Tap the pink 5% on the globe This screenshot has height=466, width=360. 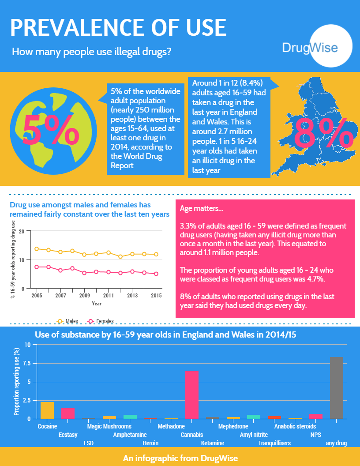pos(51,130)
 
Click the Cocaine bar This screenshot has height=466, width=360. pos(47,410)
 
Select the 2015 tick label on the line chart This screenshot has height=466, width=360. pos(156,295)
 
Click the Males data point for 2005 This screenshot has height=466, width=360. pos(37,249)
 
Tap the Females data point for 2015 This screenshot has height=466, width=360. pos(156,274)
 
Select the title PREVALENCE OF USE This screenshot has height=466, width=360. pos(118,28)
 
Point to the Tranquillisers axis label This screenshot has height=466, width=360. pos(274,443)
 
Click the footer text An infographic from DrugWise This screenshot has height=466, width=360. pos(180,458)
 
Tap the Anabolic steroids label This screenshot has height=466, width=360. pos(295,426)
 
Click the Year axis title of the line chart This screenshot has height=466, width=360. pos(97,304)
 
